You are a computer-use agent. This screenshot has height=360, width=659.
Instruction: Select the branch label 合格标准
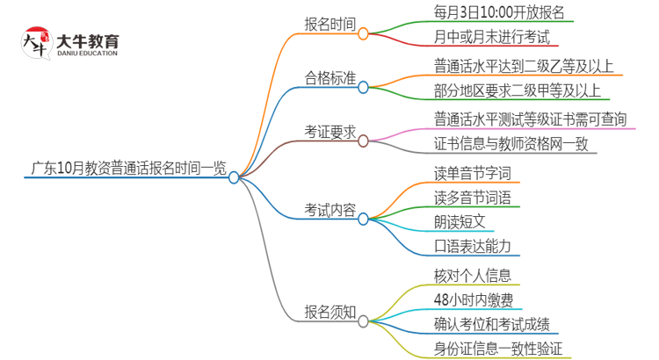tap(329, 78)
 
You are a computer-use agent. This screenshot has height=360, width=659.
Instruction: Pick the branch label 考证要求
tap(329, 132)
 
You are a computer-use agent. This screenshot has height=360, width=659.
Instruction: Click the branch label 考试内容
tap(329, 210)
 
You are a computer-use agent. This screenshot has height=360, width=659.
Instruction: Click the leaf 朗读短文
tap(459, 221)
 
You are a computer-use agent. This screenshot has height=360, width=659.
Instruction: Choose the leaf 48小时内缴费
tap(473, 299)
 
